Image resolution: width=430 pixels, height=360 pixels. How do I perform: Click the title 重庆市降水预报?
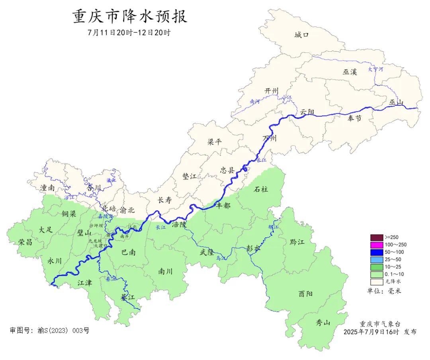tap(130, 17)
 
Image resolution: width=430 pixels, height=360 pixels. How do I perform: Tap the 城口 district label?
tap(301, 35)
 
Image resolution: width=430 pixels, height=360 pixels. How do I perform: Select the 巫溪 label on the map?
tap(350, 72)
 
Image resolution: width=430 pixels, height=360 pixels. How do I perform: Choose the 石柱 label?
tap(261, 189)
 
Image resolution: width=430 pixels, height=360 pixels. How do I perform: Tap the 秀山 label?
tap(323, 323)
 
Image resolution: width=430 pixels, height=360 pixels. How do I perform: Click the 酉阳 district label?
tap(305, 294)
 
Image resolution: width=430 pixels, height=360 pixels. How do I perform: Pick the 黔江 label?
tap(297, 241)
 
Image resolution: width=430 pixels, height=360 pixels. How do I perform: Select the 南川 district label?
tap(166, 272)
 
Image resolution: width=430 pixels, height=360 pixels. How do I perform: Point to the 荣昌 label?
tap(25, 242)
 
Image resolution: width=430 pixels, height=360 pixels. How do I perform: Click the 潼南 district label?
tap(47, 188)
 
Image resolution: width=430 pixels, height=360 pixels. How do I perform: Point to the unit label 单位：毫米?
tap(384, 291)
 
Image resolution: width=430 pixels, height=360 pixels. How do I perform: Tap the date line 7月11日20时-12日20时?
tap(129, 33)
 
